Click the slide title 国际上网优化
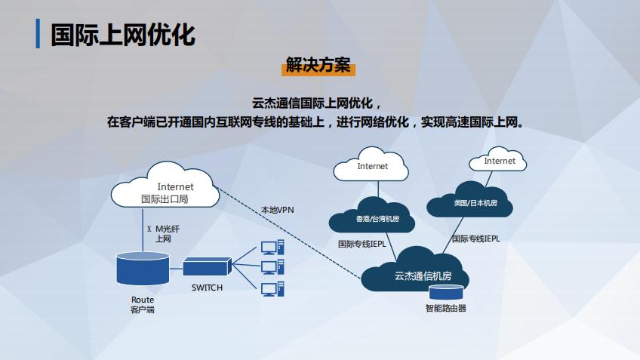(x=124, y=35)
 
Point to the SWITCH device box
(x=207, y=266)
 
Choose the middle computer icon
(x=272, y=266)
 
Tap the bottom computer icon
(x=272, y=288)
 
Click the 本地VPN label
(x=277, y=209)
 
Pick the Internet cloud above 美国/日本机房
(x=499, y=161)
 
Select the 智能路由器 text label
(x=445, y=308)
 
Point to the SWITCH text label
(x=207, y=288)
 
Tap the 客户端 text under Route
(x=142, y=309)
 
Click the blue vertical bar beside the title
(x=38, y=35)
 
